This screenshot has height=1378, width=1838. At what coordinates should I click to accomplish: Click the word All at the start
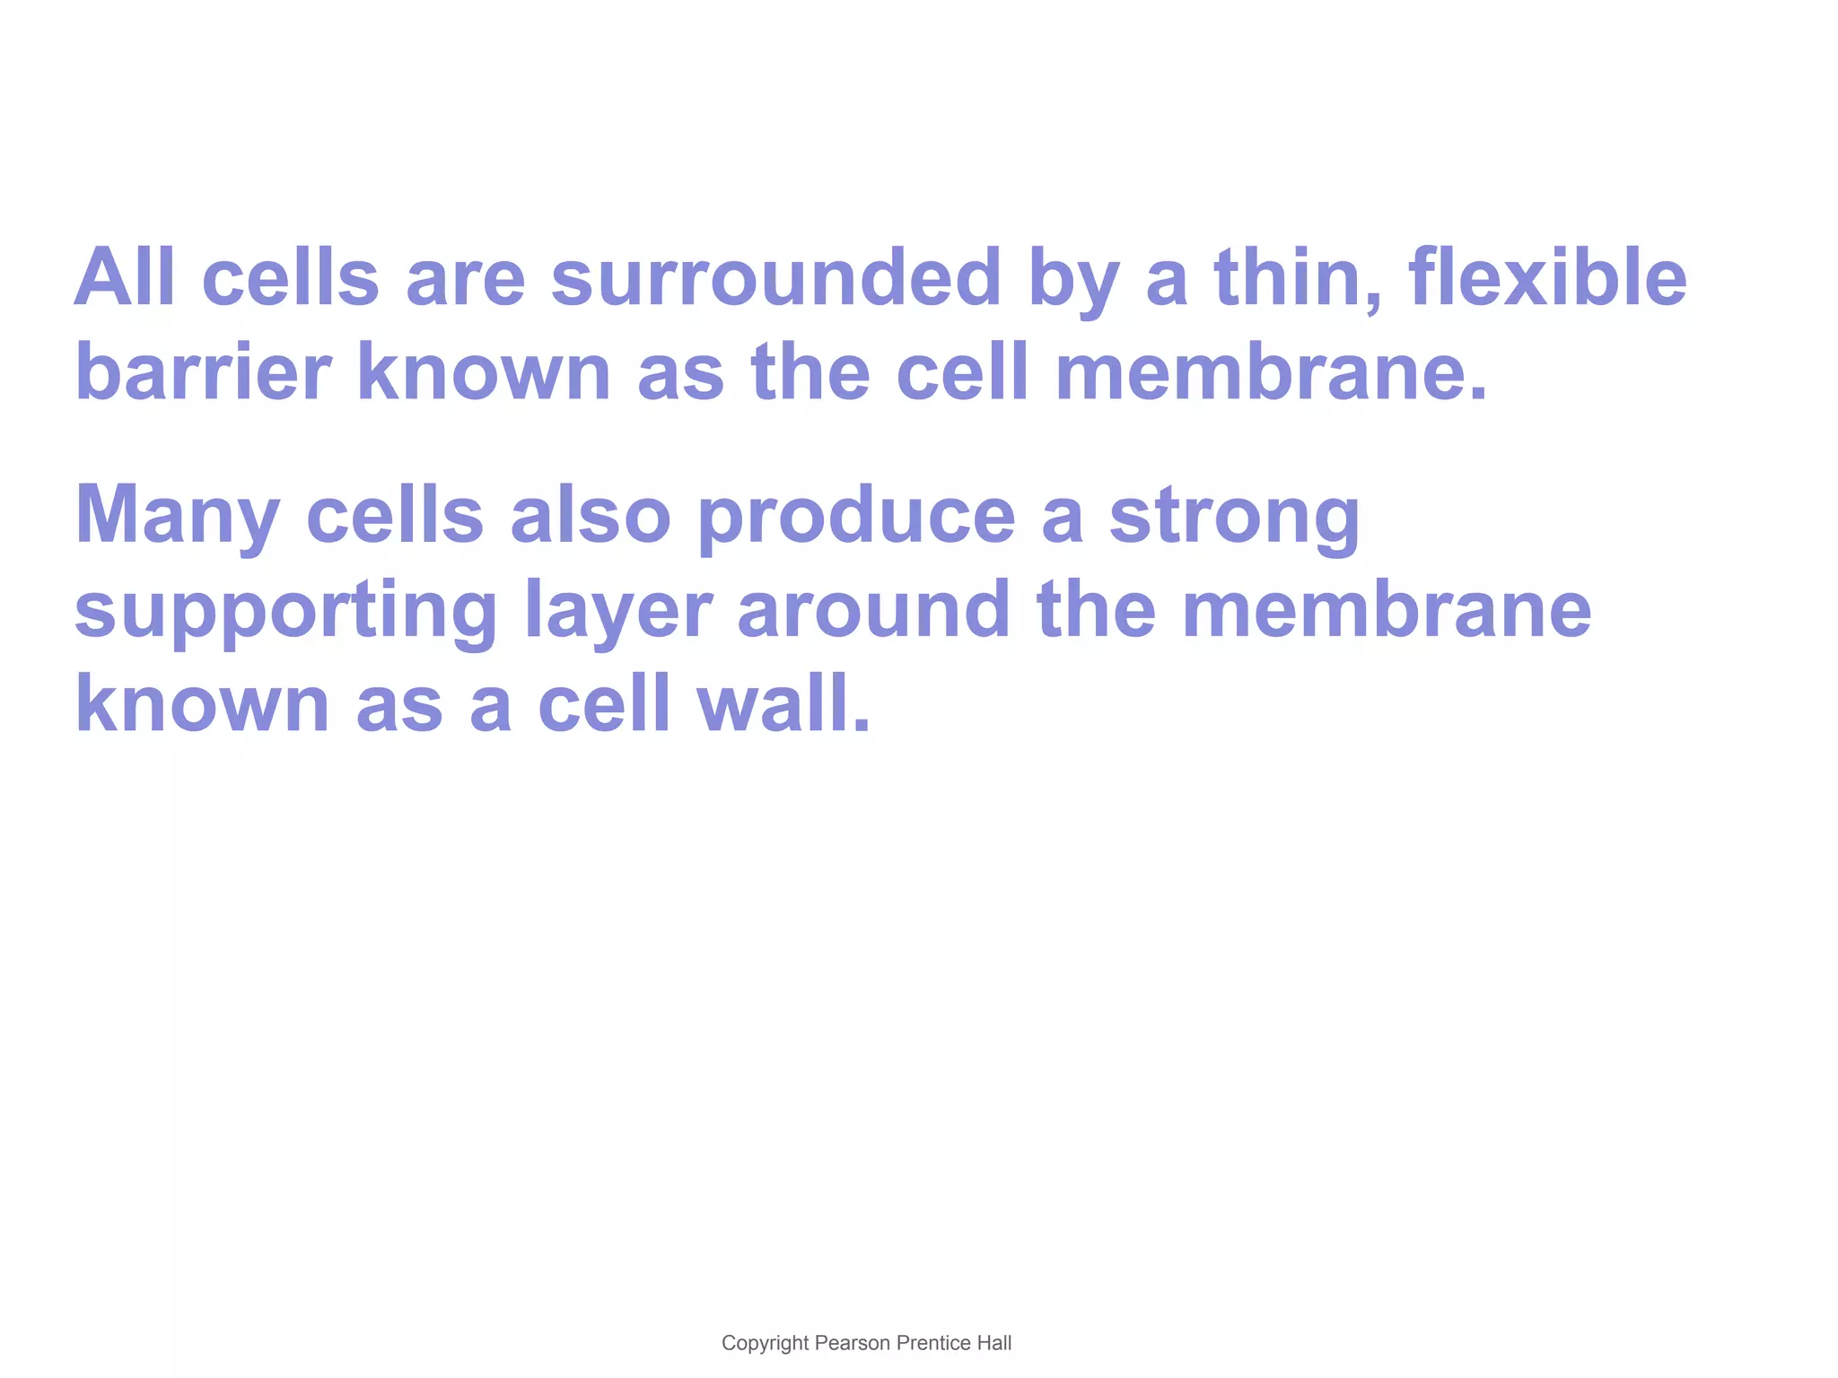click(x=124, y=277)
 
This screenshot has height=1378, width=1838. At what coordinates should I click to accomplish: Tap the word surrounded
click(x=775, y=277)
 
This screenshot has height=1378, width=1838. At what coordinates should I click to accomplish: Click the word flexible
click(x=1547, y=277)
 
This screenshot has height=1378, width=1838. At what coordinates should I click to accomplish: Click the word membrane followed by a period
click(x=1271, y=371)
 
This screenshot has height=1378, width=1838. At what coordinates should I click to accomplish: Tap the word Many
click(x=177, y=516)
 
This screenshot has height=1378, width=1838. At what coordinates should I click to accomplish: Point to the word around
click(x=873, y=609)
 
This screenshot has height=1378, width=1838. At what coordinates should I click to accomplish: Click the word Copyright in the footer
click(x=765, y=1343)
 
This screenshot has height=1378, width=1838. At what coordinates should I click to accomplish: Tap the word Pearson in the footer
click(x=852, y=1343)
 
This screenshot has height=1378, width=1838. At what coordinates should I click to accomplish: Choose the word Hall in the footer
click(x=994, y=1343)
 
